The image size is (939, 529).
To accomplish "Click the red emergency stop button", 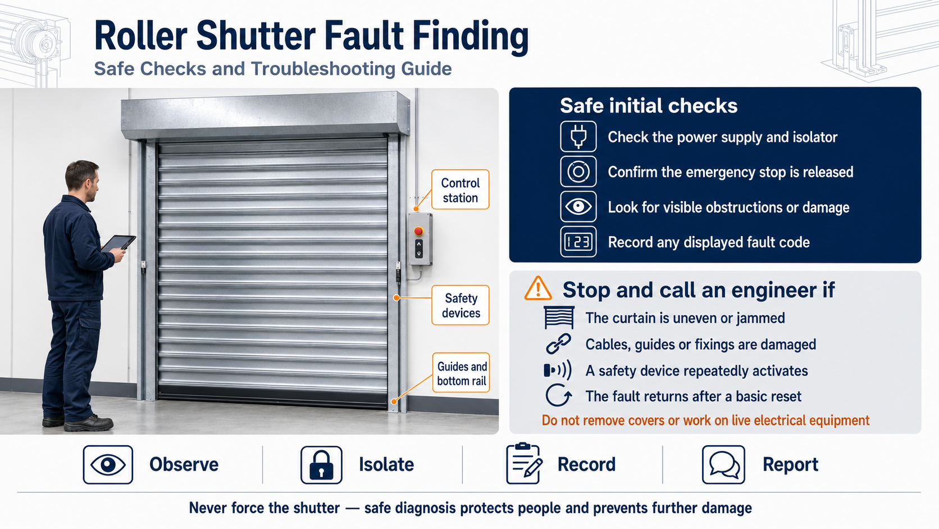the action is pos(418,230).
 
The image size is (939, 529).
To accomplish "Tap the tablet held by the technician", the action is pos(118,243).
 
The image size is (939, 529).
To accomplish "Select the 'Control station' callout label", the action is pos(461,189).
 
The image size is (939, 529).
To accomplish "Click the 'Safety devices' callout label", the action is pos(461,305).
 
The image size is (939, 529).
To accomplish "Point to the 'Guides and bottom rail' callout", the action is pos(461,373).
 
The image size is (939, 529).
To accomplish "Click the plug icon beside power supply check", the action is pos(578,137).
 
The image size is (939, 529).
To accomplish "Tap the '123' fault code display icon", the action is pos(578,242).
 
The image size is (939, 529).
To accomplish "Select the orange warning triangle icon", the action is pos(538,288).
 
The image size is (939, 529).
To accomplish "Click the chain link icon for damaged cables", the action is pos(558,344).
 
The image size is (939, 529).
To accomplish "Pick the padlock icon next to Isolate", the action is pos(322,465).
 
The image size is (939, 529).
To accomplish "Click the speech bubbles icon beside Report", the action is pos(723,465).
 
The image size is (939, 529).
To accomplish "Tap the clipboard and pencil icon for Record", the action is pos(524,464).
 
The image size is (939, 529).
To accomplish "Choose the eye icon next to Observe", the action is pos(108,465).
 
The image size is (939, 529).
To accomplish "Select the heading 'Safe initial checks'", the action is pos(649,106).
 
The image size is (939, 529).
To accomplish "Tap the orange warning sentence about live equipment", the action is pos(705,421).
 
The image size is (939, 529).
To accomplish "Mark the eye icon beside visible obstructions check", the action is pos(578,206).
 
